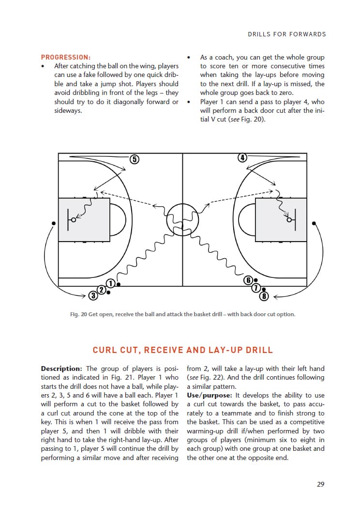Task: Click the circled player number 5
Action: (x=135, y=159)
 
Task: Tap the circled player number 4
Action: (x=242, y=157)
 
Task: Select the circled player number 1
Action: (x=111, y=283)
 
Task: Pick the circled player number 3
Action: (x=93, y=295)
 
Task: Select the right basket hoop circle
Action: (x=289, y=220)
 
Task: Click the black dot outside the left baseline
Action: (x=53, y=223)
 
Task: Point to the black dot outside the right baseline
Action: (x=314, y=223)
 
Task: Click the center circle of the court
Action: (x=182, y=219)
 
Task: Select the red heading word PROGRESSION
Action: (x=66, y=57)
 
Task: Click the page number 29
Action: (x=320, y=484)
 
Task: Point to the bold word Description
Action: (x=62, y=369)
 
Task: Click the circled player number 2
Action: (x=101, y=290)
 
